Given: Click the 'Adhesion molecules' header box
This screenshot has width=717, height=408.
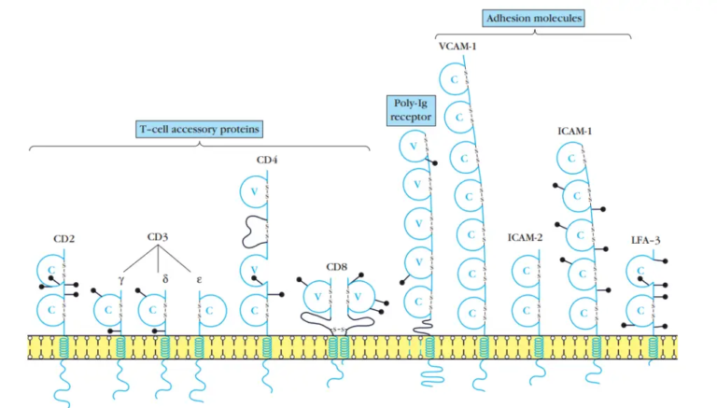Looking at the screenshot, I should coord(534,18).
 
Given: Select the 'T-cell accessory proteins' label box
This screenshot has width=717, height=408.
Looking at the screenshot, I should coord(193,128).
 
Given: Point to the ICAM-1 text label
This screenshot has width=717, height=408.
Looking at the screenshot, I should coord(573,132).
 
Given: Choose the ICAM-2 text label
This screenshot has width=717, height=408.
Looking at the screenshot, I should coord(525,238).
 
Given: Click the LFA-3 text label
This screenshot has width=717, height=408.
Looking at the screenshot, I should coord(646,240).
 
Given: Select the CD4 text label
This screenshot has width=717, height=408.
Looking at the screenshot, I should coord(267,160).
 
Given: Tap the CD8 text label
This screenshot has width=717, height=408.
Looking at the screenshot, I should coord(336,266).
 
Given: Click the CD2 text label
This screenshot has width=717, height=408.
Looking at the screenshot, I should coord(64,238).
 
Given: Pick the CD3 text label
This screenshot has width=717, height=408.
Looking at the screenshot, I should coord(159,237).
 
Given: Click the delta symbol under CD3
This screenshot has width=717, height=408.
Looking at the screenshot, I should coord(164,276).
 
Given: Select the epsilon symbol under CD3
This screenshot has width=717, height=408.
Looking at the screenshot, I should coord(199,277).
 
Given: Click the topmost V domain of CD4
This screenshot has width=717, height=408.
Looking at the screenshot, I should coord(252,191).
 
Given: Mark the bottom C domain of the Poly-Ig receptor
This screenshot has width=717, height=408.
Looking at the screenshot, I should coord(415,301).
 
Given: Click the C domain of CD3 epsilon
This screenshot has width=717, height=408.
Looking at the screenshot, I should coord(213,309).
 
